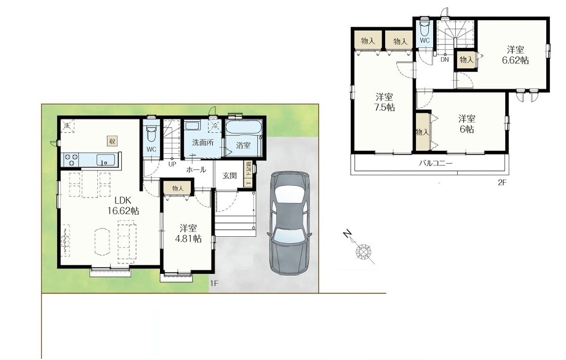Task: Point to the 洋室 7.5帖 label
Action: (x=386, y=102)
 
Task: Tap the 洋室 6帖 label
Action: (x=466, y=124)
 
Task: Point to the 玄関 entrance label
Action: (x=229, y=175)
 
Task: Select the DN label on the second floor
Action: (x=444, y=59)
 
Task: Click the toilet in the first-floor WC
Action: (x=151, y=132)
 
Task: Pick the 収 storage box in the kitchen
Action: (x=113, y=140)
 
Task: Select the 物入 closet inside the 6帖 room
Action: (x=421, y=132)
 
